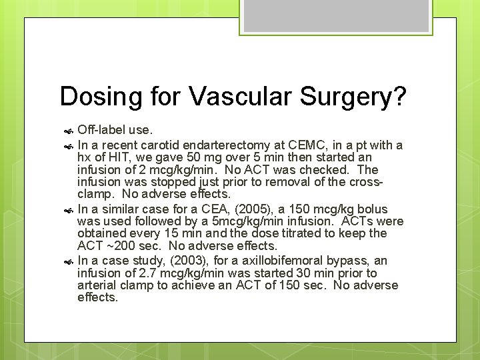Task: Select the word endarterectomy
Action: pyautogui.click(x=225, y=145)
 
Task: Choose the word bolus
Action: pyautogui.click(x=373, y=209)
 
